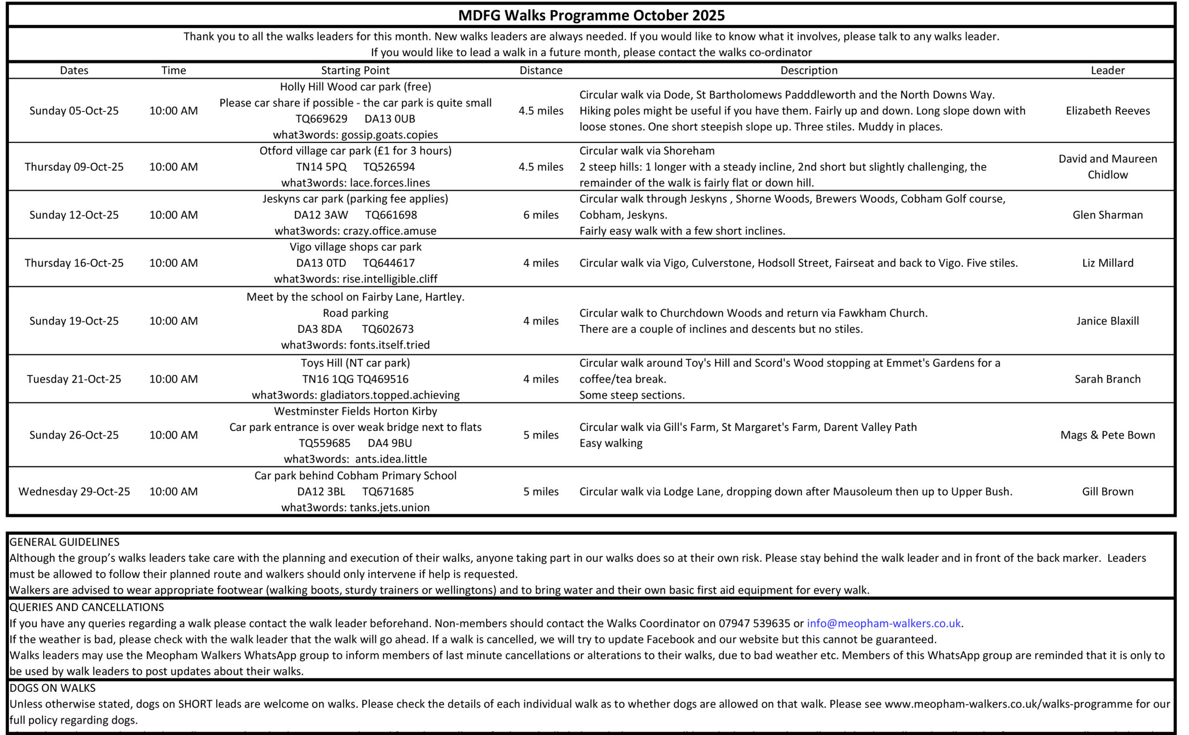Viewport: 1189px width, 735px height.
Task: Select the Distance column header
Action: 541,71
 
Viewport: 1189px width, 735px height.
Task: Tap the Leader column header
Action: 1107,71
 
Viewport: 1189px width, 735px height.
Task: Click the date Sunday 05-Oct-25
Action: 74,111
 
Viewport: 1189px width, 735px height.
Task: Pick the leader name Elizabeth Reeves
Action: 1107,111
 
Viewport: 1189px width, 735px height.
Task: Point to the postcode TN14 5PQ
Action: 321,167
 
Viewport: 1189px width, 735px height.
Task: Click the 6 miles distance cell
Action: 541,215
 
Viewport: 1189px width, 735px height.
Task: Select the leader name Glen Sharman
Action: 1107,215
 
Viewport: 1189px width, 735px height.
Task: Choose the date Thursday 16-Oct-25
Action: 74,263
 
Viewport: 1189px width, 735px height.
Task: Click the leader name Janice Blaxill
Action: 1107,321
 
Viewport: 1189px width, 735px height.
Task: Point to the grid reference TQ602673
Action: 387,329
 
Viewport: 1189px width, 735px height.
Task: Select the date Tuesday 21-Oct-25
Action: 74,379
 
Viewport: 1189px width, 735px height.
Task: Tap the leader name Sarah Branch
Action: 1107,379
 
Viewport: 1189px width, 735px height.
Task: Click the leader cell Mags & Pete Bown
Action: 1107,435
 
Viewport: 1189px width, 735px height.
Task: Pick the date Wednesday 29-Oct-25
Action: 74,491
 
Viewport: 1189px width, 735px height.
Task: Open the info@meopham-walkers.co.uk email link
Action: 883,623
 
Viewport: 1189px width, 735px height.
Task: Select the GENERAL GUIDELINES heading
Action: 64,542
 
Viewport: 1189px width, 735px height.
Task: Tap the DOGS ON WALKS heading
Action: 52,688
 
